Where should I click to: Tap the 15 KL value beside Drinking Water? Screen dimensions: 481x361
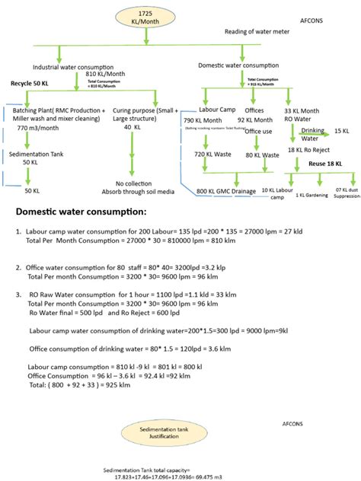point(342,131)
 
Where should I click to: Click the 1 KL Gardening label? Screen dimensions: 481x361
point(310,194)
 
